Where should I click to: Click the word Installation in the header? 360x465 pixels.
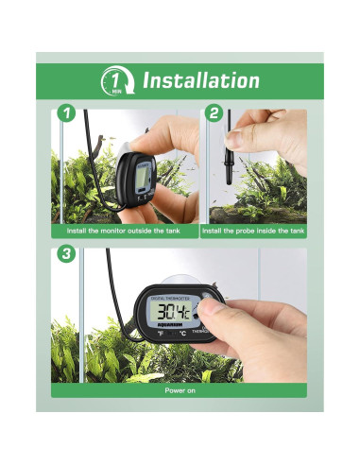point(200,81)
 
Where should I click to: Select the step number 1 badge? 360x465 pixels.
point(65,114)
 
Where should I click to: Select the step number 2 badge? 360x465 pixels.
point(214,114)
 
